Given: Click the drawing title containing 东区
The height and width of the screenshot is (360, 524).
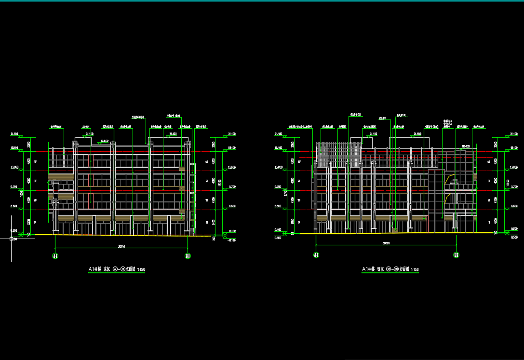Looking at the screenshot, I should click(x=117, y=270).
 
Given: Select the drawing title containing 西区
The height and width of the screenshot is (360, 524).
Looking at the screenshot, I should click(x=390, y=269).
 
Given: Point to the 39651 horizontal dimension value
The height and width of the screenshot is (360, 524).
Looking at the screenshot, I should click(x=122, y=246).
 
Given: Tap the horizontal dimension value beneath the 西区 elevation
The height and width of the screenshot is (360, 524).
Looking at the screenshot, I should click(x=386, y=243).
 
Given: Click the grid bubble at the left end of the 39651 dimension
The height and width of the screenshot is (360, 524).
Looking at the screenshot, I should click(x=55, y=256).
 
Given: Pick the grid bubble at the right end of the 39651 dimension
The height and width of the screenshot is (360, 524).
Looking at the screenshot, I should click(x=188, y=256).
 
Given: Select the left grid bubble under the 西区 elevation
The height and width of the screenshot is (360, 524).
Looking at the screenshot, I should click(x=316, y=255).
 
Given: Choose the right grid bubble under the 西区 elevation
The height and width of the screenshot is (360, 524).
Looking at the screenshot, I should click(x=456, y=255).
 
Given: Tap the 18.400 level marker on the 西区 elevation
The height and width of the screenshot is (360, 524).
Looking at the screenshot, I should click(x=466, y=146).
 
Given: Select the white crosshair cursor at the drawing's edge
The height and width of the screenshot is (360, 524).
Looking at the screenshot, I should click(x=12, y=238).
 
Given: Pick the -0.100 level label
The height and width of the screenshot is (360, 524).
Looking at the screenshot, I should click(x=232, y=240).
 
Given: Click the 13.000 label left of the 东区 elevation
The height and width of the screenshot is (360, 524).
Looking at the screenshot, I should click(x=14, y=167).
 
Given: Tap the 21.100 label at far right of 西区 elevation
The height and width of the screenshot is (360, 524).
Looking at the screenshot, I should click(x=514, y=133).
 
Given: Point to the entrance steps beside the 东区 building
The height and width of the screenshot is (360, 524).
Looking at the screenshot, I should click(x=192, y=232).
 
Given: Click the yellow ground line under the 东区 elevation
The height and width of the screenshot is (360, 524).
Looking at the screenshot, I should click(x=121, y=235).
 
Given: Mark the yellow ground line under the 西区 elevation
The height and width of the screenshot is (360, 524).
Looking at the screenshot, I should click(x=386, y=233).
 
